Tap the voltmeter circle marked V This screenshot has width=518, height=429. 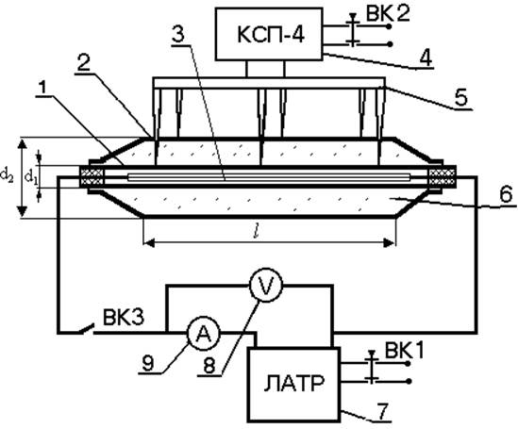(x=266, y=285)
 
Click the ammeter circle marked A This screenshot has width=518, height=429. (x=204, y=334)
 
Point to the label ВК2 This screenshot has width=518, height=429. (x=387, y=14)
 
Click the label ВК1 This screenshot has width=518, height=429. (x=404, y=351)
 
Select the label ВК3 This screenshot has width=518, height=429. (x=124, y=317)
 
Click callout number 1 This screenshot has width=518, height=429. (x=42, y=88)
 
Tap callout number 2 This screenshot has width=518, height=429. (x=84, y=62)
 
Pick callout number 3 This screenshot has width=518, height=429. (x=178, y=35)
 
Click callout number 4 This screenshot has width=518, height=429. (x=425, y=58)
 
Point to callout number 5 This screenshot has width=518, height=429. (x=460, y=97)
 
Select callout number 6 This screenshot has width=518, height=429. (x=506, y=193)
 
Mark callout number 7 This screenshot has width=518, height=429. (x=381, y=411)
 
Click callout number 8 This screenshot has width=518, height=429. (x=209, y=366)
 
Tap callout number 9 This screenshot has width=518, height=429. (x=148, y=364)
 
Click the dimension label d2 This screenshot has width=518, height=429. (x=7, y=175)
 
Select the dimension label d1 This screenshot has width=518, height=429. (x=31, y=177)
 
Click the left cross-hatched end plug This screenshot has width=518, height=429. (x=92, y=177)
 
